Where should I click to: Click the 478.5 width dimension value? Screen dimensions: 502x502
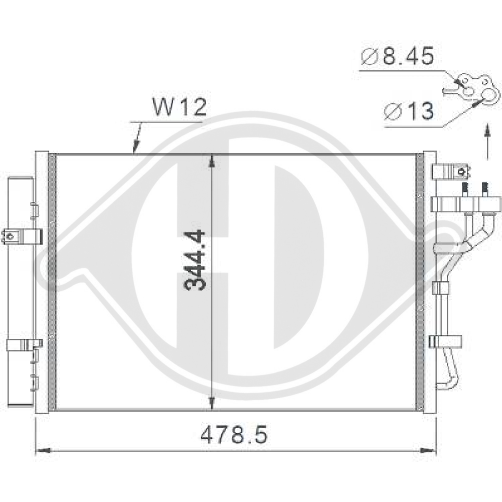coord(234,434)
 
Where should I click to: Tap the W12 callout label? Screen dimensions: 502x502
coord(179,107)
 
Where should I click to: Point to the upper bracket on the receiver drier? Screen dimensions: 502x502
coord(22,235)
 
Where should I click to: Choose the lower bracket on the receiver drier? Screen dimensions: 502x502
coord(23,345)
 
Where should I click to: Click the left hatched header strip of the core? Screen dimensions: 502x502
coord(50,281)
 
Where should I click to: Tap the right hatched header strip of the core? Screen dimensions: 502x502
coord(419,281)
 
